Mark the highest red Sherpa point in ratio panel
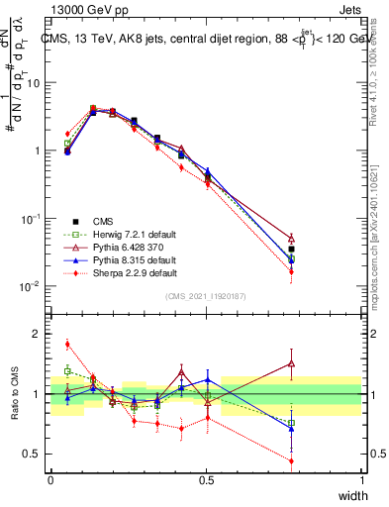pos(67,345)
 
